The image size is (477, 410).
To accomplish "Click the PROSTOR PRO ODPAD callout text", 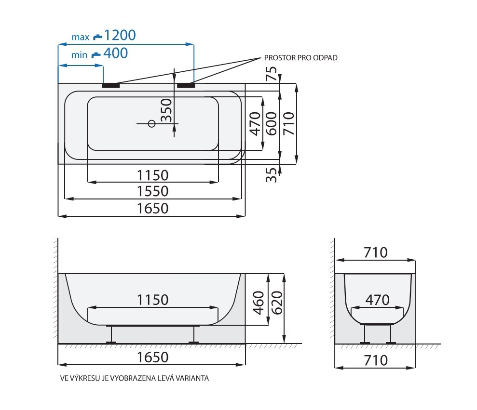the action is pos(300,58).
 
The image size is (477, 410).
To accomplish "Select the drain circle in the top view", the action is pos(151,124).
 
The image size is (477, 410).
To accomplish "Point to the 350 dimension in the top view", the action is pos(167,110).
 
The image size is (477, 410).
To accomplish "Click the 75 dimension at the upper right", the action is pos(272,73).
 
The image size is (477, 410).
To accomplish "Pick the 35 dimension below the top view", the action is pos(272,175).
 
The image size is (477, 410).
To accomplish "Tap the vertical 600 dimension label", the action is pos(272,123).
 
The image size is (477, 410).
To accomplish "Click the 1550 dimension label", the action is pos(152,191).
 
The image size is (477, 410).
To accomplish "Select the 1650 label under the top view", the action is pos(152,209).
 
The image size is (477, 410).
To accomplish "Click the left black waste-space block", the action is pos(111,85).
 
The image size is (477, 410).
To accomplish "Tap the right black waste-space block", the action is pos(186,85).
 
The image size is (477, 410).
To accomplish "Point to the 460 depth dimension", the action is pos(258,303).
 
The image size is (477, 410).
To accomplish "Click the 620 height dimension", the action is pos(277,303).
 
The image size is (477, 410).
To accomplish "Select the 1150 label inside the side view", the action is pos(152,300).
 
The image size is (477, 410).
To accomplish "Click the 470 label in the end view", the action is pos(377,300).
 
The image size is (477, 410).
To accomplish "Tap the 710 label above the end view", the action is pos(376,252).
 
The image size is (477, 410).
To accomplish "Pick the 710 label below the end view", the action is pos(376,360).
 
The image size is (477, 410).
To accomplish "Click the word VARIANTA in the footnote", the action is pos(194,378).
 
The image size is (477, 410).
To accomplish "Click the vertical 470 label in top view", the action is pos(255,123).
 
